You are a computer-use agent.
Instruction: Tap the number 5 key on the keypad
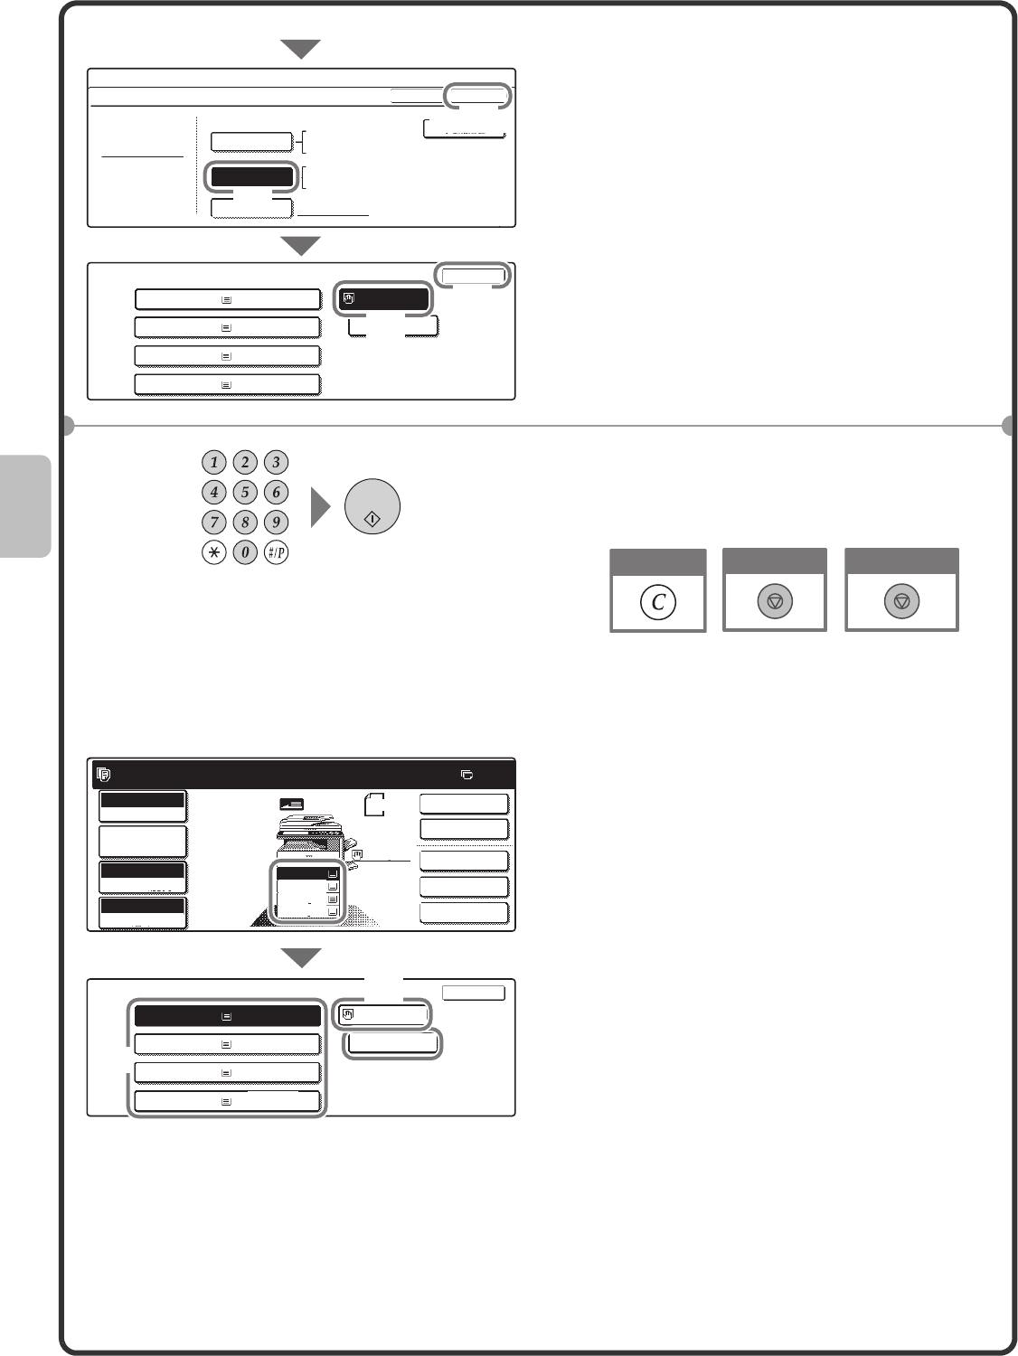[245, 492]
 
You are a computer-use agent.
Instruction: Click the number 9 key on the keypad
[276, 522]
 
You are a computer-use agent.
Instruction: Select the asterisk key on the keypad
[214, 552]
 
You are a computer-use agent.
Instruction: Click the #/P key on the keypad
[276, 552]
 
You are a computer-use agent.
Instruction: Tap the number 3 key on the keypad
[276, 462]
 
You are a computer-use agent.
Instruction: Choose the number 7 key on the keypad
[214, 522]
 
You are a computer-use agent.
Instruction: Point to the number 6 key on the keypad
[276, 492]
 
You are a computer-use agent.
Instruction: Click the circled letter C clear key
[658, 602]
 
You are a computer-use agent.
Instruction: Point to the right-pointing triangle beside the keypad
[321, 507]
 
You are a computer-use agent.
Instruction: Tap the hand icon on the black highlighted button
[349, 299]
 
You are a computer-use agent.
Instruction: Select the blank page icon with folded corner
[374, 805]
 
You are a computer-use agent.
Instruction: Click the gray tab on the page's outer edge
[24, 506]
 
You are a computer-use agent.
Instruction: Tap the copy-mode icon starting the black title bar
[104, 774]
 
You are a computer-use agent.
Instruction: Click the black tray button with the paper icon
[227, 1015]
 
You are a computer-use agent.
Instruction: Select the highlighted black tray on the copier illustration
[307, 873]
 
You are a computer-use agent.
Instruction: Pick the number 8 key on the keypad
[245, 522]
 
